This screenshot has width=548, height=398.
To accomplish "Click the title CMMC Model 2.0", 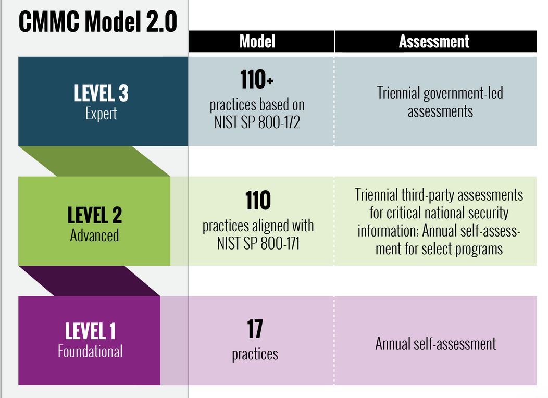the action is tap(98, 22).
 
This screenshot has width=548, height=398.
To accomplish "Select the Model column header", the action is tap(257, 41).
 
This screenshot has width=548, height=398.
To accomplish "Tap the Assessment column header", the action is tap(434, 41).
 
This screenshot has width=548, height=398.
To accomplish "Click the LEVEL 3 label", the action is tap(102, 93).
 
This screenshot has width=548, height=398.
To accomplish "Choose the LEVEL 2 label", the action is tap(95, 215).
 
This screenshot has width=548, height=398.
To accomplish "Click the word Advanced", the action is tap(94, 235).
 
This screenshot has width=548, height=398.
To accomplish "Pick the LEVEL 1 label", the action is tap(90, 331).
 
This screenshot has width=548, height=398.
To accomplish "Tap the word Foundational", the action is tap(90, 351).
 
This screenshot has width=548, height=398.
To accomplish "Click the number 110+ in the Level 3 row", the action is tap(256, 79).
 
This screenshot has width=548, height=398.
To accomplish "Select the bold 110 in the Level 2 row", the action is tap(258, 201).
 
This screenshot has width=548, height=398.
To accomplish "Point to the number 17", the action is tap(255, 329).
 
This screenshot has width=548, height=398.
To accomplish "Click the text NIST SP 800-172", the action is tap(257, 122).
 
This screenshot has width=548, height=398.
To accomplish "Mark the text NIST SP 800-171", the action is tap(258, 244).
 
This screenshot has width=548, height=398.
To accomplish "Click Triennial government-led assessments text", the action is tap(440, 103).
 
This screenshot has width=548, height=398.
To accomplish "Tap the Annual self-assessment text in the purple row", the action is tap(435, 344).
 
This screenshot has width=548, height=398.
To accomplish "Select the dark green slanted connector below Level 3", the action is tap(94, 161).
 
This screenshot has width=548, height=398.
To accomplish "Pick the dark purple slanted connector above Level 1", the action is tap(90, 281).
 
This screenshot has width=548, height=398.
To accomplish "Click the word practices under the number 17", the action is tap(255, 354).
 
